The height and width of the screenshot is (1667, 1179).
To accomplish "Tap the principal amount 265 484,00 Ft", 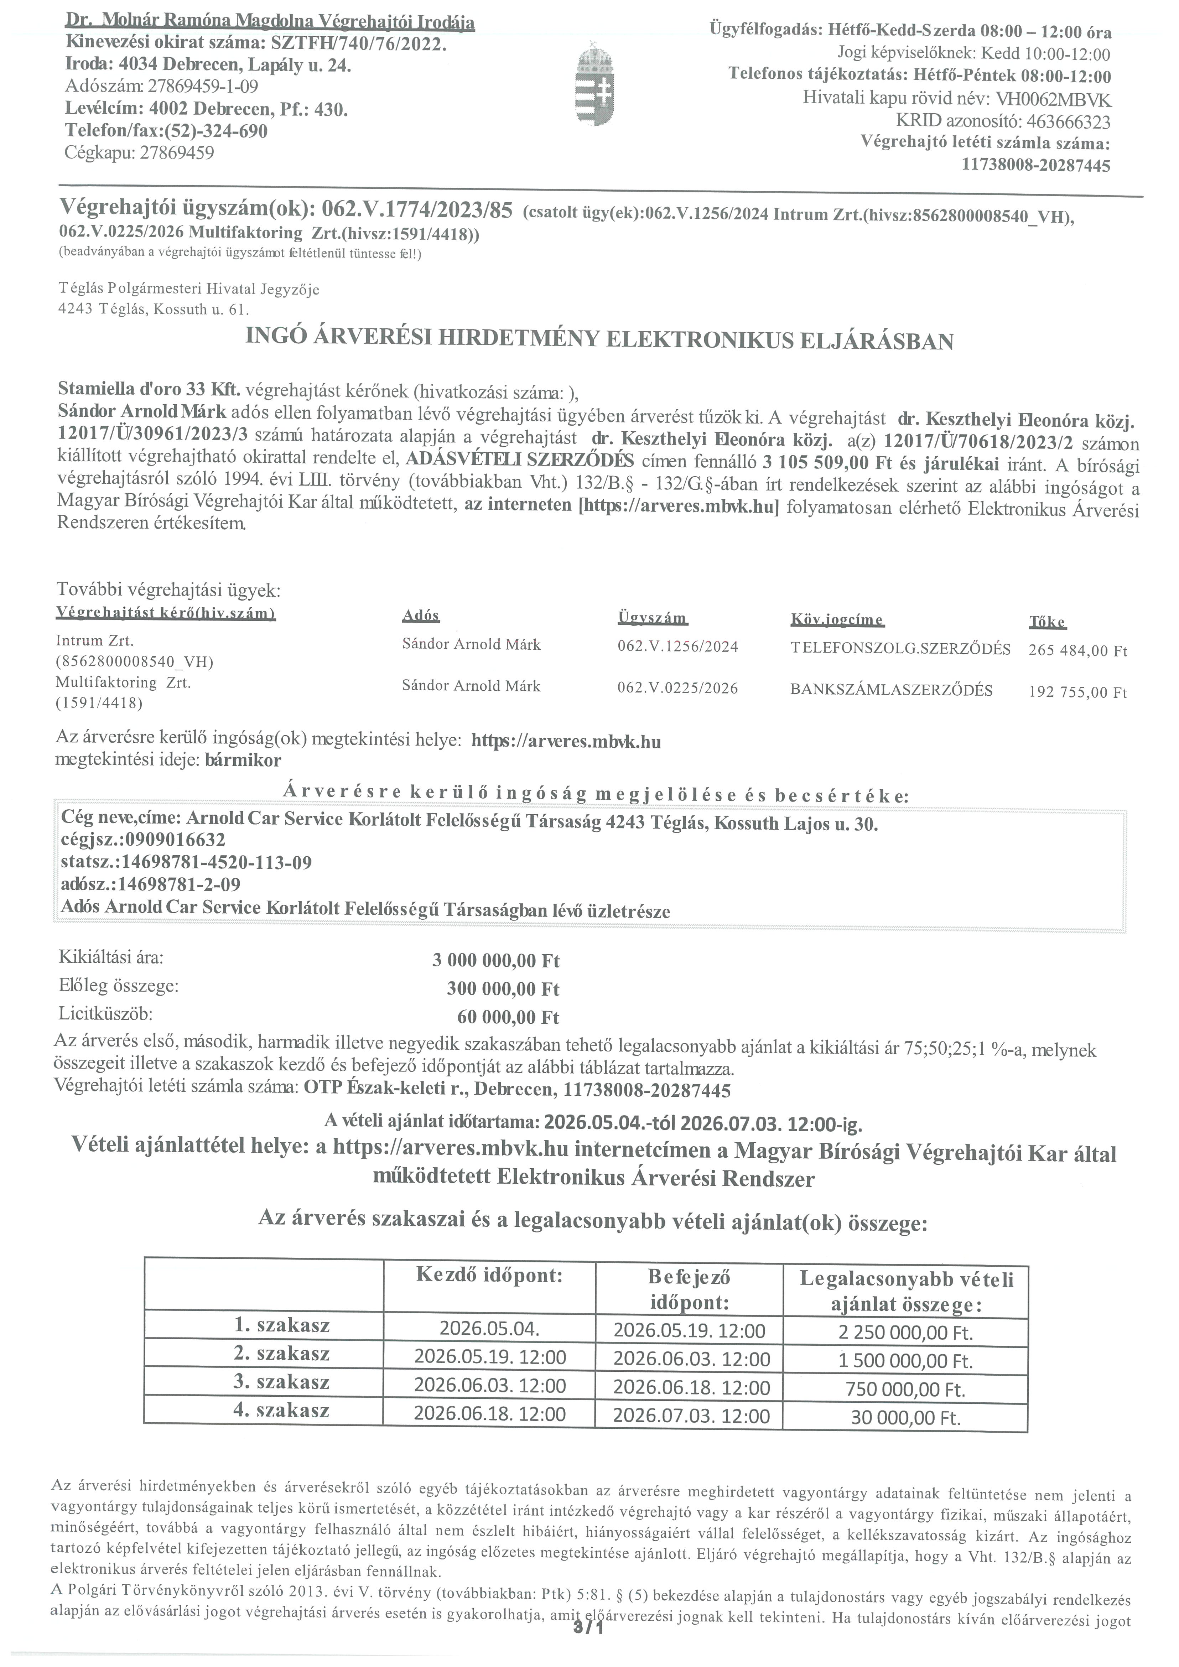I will pyautogui.click(x=1077, y=650).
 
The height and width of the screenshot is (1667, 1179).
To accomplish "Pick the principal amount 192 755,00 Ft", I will pyautogui.click(x=1077, y=692).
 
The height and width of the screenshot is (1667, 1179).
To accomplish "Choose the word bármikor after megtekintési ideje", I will pyautogui.click(x=243, y=760).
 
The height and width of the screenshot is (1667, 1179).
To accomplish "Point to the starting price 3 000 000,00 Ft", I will pyautogui.click(x=496, y=961).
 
